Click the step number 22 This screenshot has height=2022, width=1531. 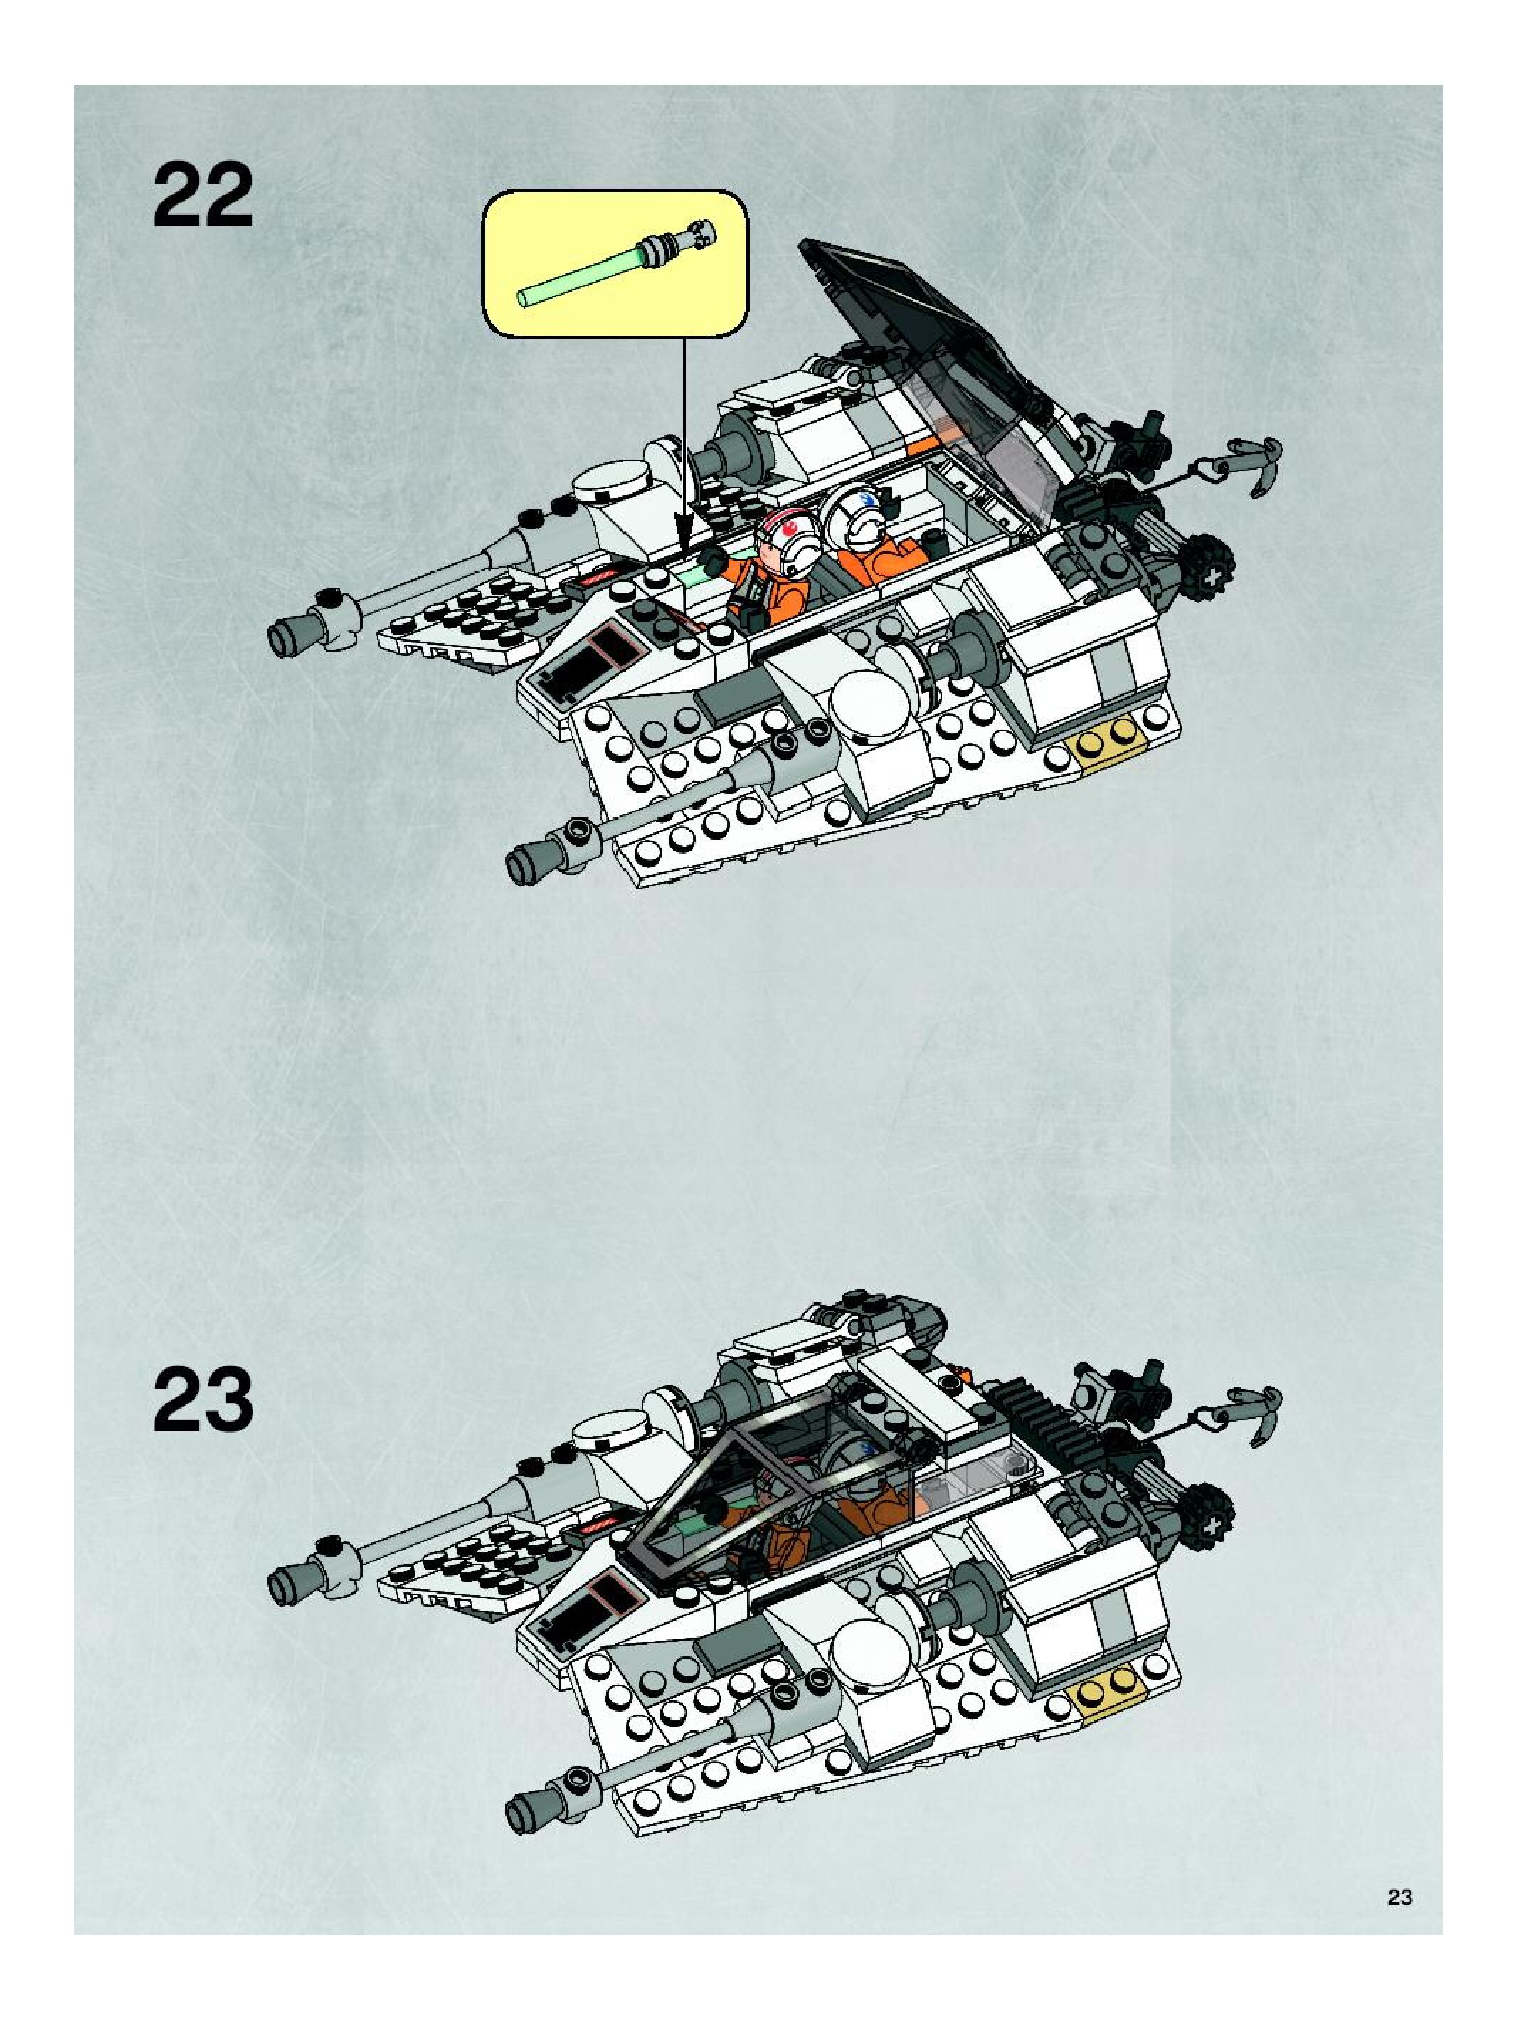[x=202, y=196]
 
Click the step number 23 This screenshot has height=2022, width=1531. [x=202, y=1400]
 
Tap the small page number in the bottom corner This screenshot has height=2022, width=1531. [x=1399, y=1897]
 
